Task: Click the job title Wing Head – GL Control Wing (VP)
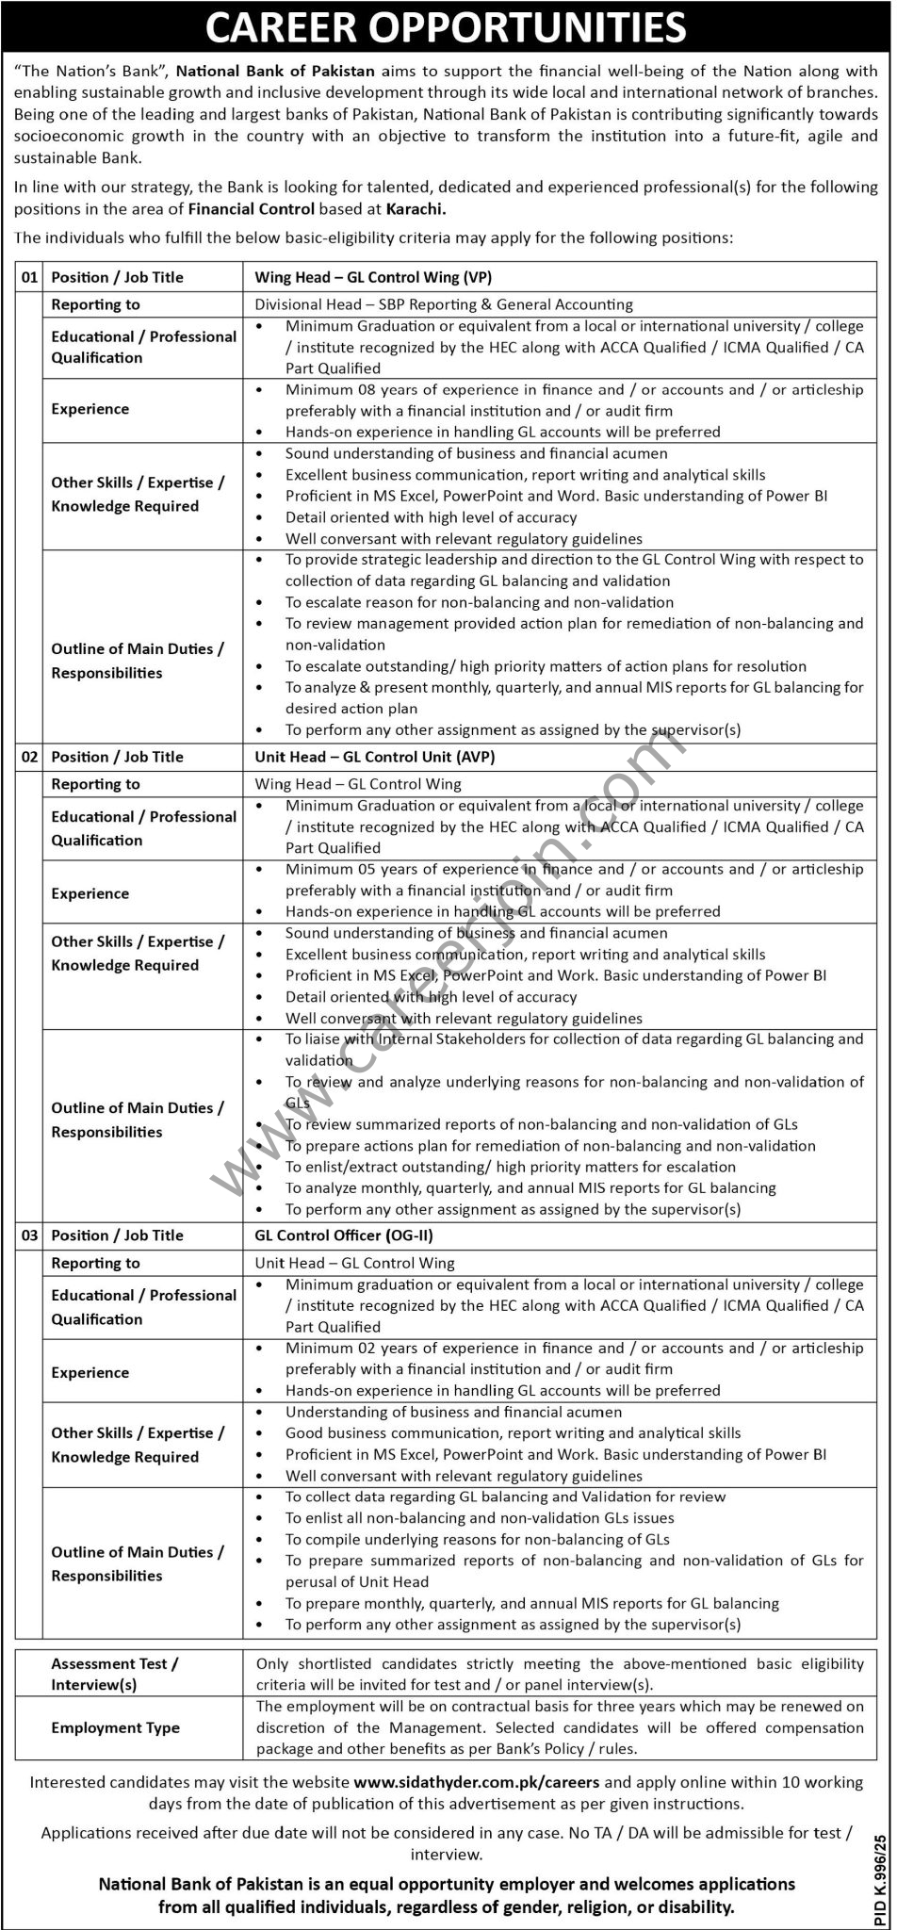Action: point(373,277)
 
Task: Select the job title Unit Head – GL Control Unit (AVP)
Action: point(375,757)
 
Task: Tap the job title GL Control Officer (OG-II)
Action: point(344,1235)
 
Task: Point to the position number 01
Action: point(30,277)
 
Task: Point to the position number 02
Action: point(30,757)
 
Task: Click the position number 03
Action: point(30,1235)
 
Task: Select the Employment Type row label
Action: point(115,1727)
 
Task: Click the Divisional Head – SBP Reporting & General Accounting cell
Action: point(444,304)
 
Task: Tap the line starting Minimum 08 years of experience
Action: point(574,389)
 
